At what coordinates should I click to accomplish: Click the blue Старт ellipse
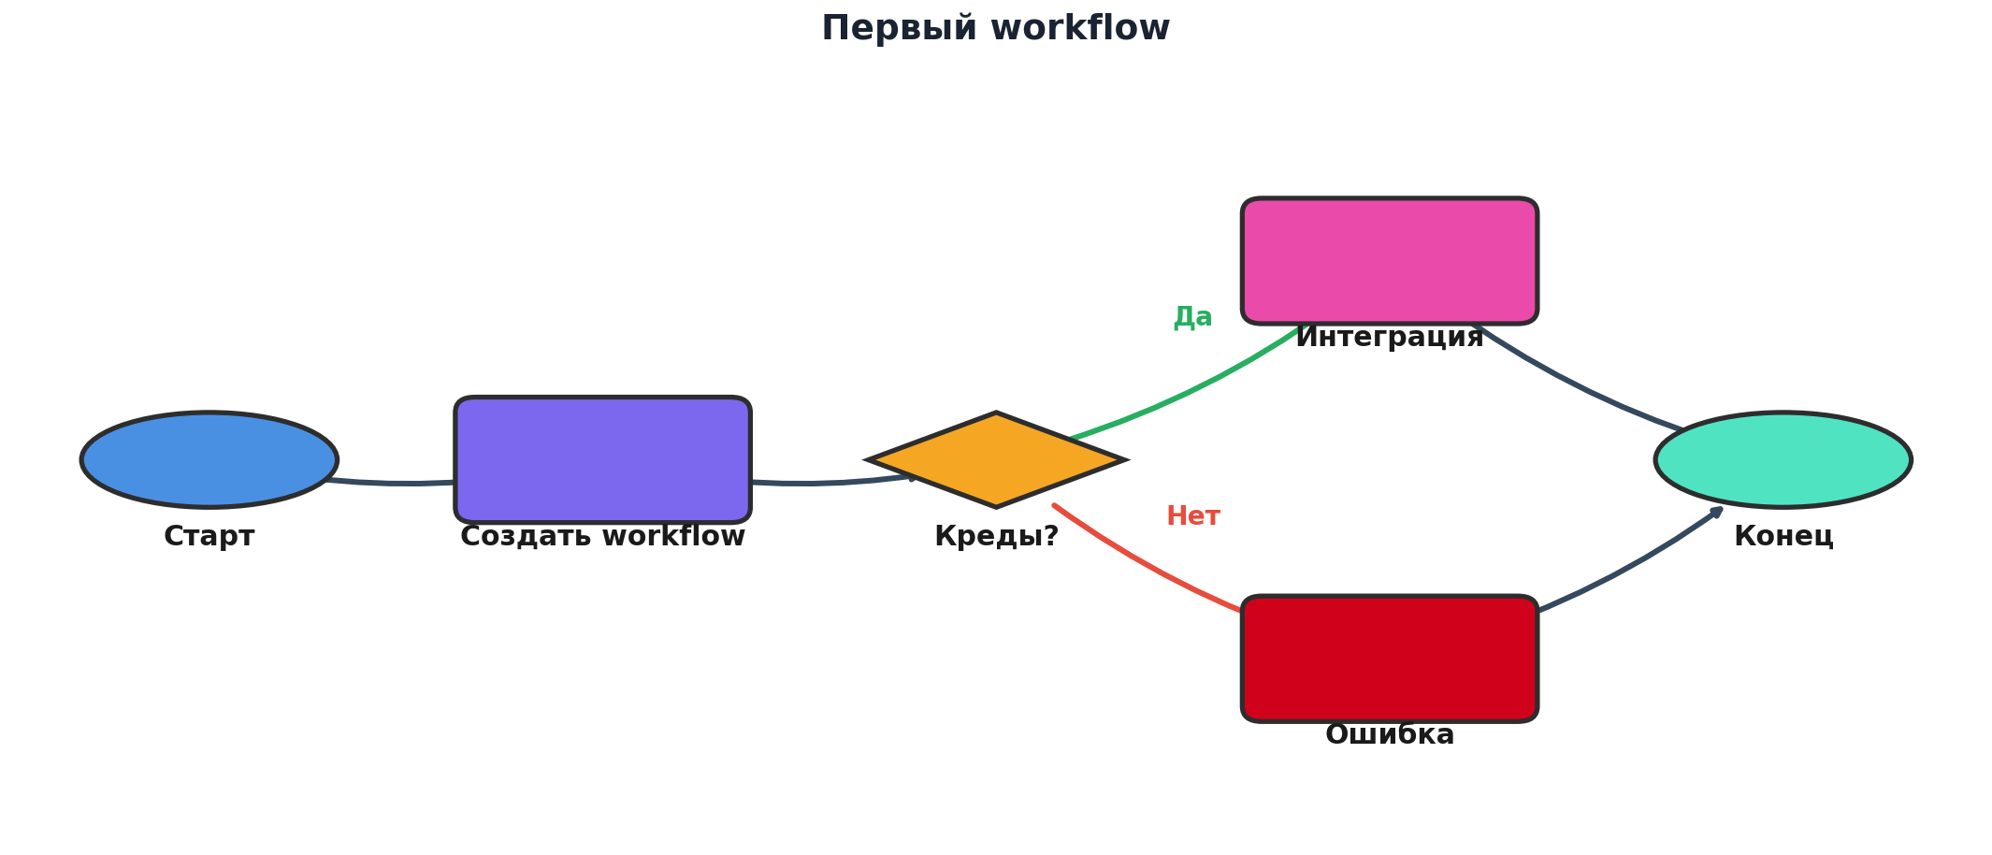(x=209, y=459)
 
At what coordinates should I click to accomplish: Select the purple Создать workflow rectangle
(x=602, y=459)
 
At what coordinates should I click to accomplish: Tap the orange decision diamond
(x=997, y=459)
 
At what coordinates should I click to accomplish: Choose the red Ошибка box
(x=1390, y=659)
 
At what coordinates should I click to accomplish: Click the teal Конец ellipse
(x=1783, y=459)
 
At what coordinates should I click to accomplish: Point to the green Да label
(x=1192, y=317)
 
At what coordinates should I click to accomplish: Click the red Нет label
(x=1193, y=516)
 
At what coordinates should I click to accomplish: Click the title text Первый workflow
(x=995, y=28)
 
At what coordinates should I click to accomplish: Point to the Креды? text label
(x=997, y=537)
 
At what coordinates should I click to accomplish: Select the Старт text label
(x=209, y=537)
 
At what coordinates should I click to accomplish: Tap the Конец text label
(x=1783, y=537)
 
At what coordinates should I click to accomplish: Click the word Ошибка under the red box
(x=1390, y=735)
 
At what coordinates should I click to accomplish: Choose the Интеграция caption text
(x=1390, y=338)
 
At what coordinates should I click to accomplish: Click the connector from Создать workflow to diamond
(x=823, y=483)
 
